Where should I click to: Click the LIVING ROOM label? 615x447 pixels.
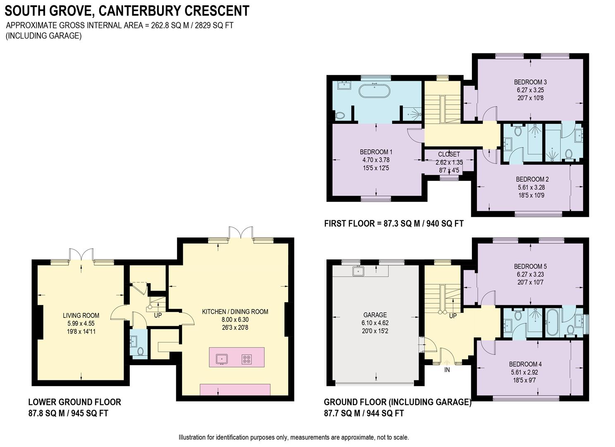81,315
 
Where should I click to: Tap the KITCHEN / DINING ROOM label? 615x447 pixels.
235,312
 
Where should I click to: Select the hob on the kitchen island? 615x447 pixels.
247,359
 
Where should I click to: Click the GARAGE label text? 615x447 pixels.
375,315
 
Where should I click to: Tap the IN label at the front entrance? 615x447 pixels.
447,370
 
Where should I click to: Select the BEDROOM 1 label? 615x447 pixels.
376,152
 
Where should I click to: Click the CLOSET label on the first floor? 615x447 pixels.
449,154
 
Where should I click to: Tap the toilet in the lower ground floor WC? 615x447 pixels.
140,351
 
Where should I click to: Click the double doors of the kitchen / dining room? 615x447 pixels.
241,233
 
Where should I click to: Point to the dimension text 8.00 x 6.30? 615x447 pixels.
235,320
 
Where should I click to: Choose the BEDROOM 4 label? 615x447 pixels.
525,364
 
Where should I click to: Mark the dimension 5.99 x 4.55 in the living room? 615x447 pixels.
81,323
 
